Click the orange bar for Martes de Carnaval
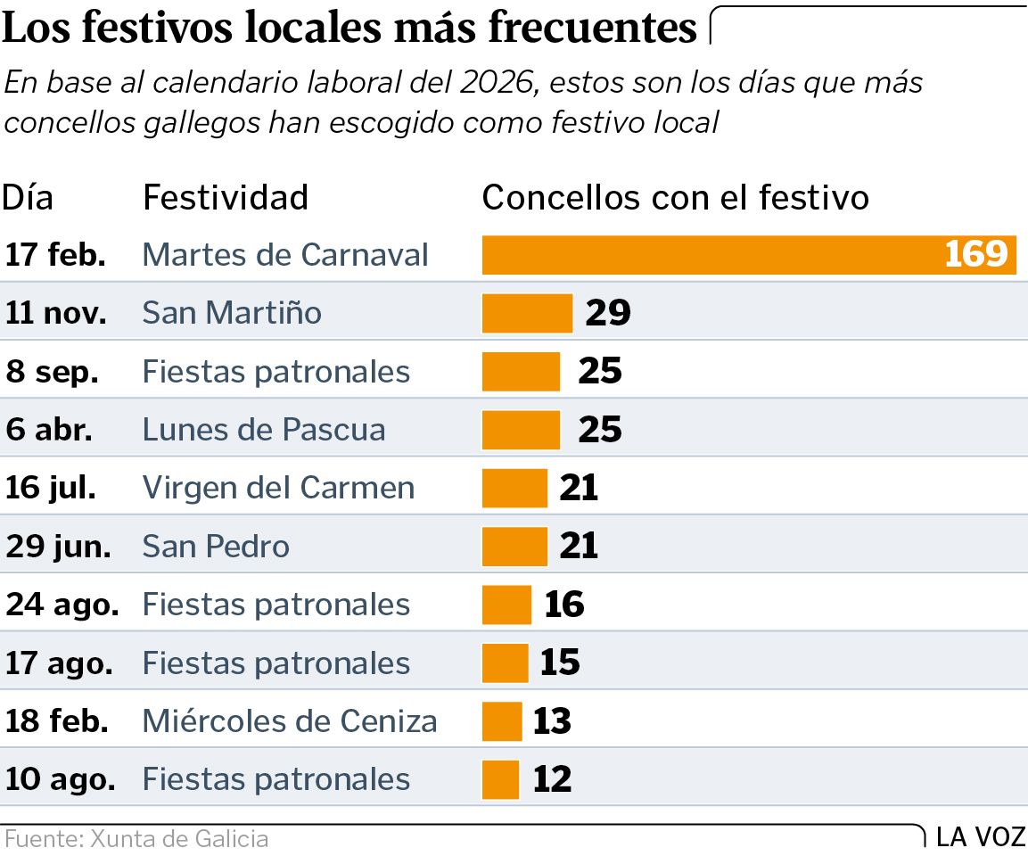[x=713, y=255]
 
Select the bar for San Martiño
[x=527, y=313]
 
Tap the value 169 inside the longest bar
[x=976, y=255]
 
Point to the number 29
[x=608, y=313]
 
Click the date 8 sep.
[x=52, y=372]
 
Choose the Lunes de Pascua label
[x=264, y=430]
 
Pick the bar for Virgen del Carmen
[x=514, y=488]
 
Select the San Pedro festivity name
[x=216, y=546]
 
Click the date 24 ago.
[x=62, y=605]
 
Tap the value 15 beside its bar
[x=560, y=663]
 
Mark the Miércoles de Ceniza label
[x=290, y=720]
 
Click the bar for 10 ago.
[x=500, y=779]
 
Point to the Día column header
[x=28, y=197]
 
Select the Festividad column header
[x=226, y=197]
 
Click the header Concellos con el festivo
[x=675, y=197]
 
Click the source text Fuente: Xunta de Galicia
[x=136, y=839]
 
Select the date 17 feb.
[x=55, y=255]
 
